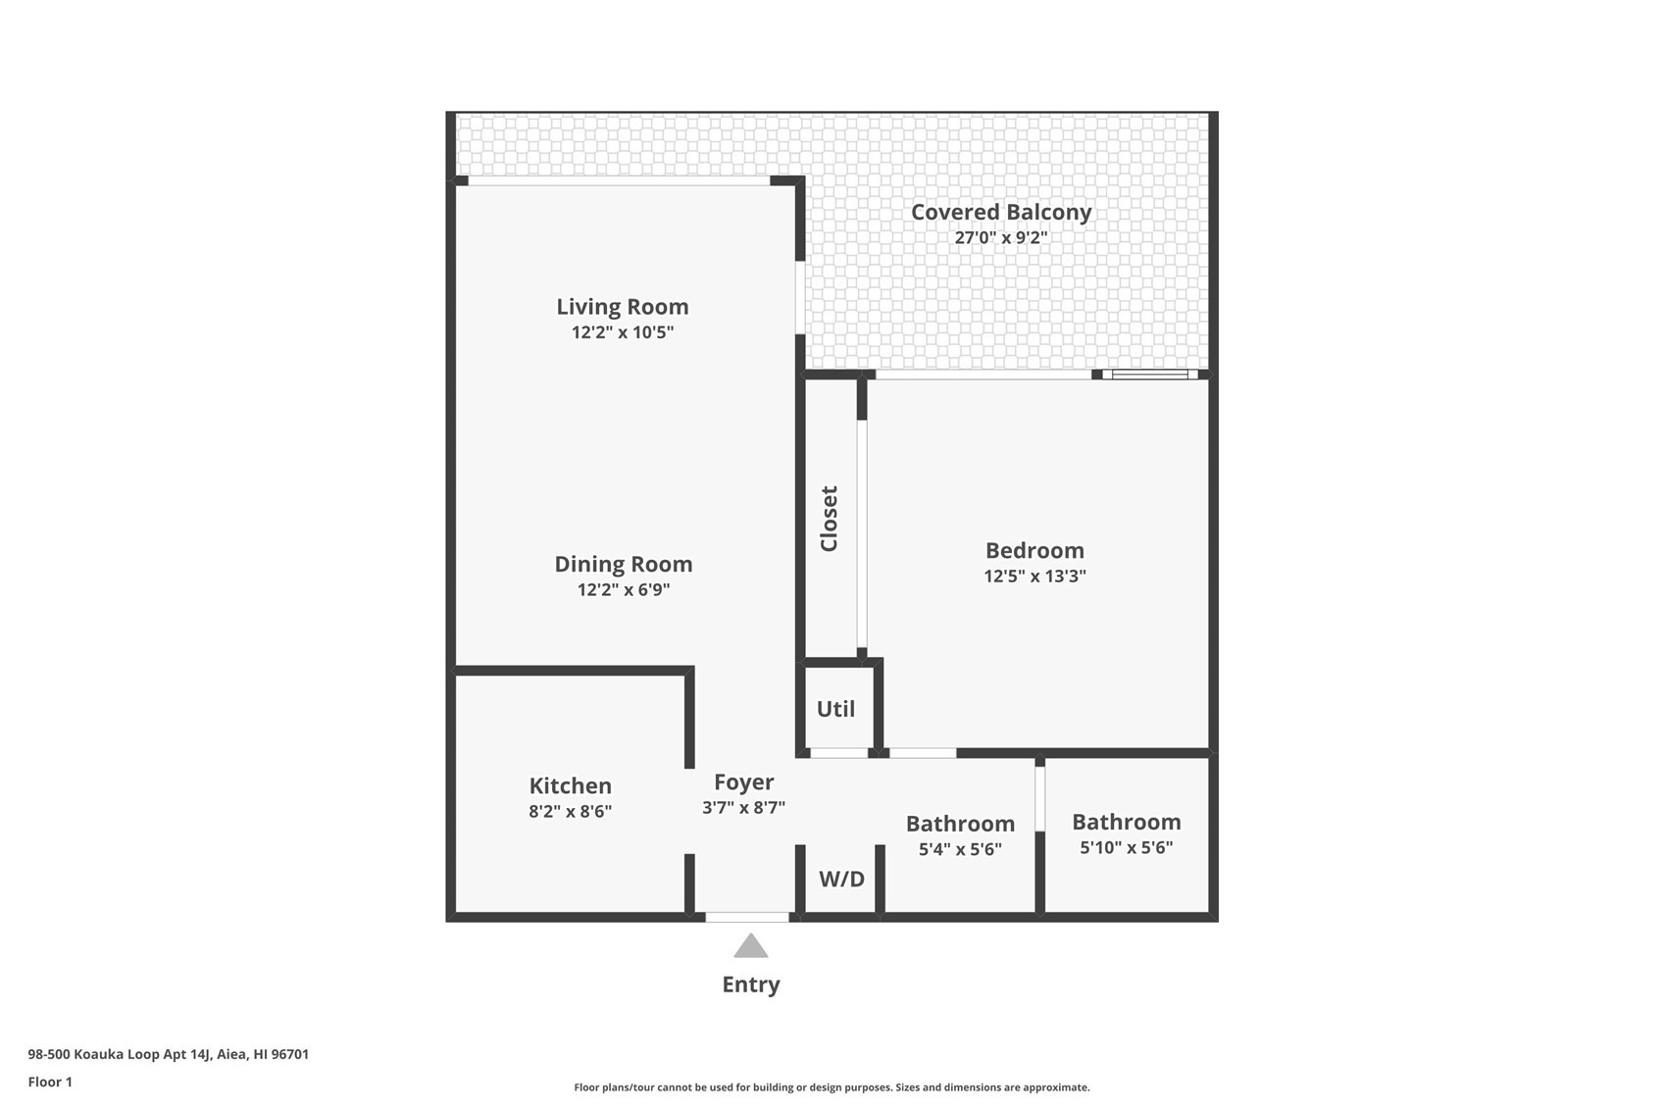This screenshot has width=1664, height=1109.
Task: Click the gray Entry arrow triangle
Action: tap(750, 945)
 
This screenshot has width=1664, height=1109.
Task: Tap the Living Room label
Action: tap(623, 307)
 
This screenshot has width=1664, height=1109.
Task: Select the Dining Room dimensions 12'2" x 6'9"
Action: tap(624, 589)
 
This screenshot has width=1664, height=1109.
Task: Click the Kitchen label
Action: tap(571, 785)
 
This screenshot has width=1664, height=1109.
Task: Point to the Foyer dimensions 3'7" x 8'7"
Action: tap(743, 807)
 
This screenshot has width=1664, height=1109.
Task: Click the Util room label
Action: tap(835, 709)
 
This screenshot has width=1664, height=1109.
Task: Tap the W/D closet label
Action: tap(841, 880)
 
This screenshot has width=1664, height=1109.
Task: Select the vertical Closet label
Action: tap(829, 519)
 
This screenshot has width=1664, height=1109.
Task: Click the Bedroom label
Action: tap(1034, 550)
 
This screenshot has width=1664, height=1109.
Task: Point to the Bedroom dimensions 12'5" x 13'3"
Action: tap(1034, 576)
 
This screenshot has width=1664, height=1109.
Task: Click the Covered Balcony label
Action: tap(1001, 213)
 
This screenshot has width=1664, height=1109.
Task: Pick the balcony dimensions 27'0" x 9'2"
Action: tap(1001, 237)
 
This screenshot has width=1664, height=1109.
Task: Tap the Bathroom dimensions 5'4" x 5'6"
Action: tap(961, 849)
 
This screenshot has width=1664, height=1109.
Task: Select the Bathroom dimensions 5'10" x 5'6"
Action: tap(1127, 847)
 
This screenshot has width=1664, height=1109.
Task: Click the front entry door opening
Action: tap(746, 918)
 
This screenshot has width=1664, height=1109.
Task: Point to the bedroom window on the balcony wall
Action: tap(1150, 375)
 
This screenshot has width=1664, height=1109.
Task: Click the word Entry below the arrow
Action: tap(751, 984)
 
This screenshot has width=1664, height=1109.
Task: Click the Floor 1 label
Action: tap(50, 1083)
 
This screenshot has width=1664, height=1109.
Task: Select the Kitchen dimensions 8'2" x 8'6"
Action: tap(571, 811)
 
